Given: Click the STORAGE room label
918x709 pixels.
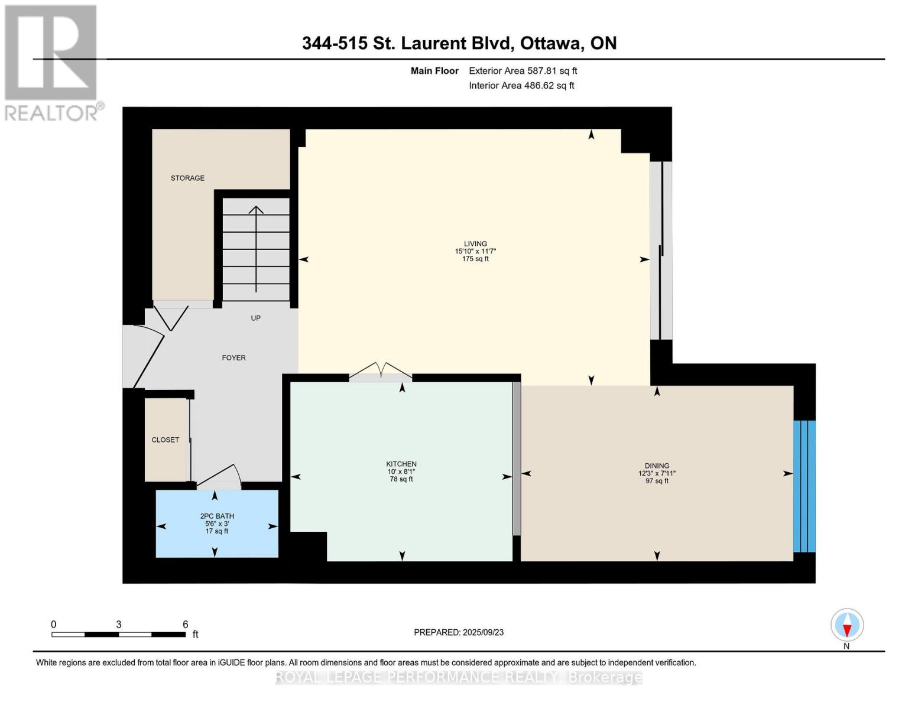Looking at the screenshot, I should [x=187, y=178].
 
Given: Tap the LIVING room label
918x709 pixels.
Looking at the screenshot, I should [x=475, y=243].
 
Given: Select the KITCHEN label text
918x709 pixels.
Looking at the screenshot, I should [x=401, y=464].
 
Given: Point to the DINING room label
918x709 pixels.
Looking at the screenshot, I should [x=657, y=466].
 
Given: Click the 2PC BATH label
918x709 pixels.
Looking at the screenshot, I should [x=217, y=516].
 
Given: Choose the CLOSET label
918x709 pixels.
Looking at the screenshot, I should [x=165, y=440].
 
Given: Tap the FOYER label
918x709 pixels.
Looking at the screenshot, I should [x=233, y=357].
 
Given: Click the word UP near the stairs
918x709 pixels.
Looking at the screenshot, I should [x=255, y=318].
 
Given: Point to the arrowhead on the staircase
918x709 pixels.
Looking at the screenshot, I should [x=256, y=210].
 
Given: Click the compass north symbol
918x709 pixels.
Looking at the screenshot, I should [x=846, y=625].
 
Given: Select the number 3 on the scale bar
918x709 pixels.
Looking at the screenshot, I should [x=119, y=625].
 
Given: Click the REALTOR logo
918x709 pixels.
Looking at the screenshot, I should [x=52, y=62].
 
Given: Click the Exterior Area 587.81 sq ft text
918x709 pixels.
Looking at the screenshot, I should [x=523, y=71].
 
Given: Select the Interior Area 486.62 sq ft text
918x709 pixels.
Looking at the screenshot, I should [x=521, y=86].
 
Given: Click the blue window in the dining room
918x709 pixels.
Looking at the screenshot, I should [x=804, y=486].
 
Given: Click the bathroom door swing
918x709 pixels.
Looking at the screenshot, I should [x=222, y=477].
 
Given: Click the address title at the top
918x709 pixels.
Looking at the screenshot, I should [x=459, y=43].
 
